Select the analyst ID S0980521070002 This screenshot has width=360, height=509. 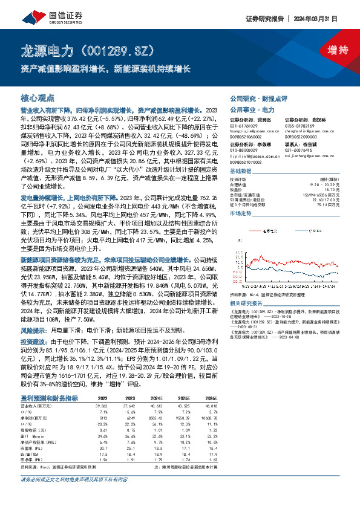pos(247,163)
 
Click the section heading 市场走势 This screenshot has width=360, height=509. pos(240,213)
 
